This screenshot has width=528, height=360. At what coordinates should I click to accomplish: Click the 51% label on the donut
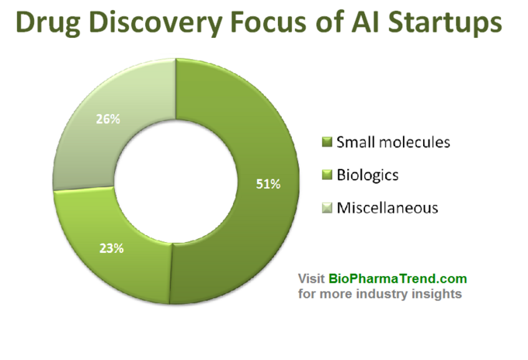click(268, 184)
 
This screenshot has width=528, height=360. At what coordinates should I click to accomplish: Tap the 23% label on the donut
click(112, 248)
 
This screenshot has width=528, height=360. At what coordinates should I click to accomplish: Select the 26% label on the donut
click(108, 119)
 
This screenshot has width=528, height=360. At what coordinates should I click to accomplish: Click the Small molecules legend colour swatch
click(327, 142)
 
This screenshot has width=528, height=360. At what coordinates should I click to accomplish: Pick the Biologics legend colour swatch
click(327, 175)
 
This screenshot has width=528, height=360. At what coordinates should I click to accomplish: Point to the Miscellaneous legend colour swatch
click(327, 208)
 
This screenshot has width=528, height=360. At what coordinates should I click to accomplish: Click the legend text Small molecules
click(394, 142)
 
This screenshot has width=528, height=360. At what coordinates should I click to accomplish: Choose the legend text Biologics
click(367, 175)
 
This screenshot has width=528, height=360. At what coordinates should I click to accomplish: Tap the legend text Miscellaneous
click(387, 208)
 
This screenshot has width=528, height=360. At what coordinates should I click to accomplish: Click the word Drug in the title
click(48, 22)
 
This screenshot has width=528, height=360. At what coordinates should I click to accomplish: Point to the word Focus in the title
click(269, 22)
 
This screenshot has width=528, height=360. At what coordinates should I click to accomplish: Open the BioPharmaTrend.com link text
click(398, 279)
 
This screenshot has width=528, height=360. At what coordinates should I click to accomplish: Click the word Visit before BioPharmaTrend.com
click(311, 279)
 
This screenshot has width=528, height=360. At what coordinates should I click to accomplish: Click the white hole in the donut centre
click(175, 181)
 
